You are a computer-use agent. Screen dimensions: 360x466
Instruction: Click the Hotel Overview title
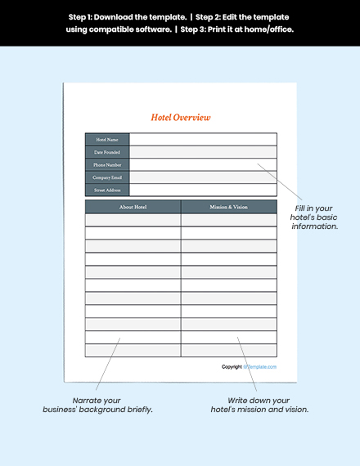pos(180,117)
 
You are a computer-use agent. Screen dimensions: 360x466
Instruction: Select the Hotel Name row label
pos(107,140)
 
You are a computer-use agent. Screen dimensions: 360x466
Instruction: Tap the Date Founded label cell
pos(107,152)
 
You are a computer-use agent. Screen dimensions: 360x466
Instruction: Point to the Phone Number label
pos(107,164)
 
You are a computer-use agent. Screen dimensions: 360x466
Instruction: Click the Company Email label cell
pos(107,177)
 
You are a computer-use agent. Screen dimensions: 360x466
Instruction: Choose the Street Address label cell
pos(107,190)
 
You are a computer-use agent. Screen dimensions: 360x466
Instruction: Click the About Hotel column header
pos(133,207)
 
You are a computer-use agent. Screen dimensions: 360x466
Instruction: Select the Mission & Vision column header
pos(228,207)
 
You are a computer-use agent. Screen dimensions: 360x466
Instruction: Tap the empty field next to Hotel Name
pos(202,140)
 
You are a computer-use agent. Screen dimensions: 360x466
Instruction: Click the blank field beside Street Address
pos(202,190)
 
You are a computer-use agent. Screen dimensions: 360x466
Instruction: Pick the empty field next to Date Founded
pos(202,152)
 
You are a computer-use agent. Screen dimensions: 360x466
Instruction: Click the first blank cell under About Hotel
pos(133,220)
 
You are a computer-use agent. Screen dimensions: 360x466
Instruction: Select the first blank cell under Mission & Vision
pos(228,220)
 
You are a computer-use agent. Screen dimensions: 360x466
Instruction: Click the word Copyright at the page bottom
pos(232,367)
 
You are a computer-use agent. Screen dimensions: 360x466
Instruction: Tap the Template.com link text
pos(260,367)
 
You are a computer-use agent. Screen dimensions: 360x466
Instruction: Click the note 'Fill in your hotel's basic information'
pos(316,217)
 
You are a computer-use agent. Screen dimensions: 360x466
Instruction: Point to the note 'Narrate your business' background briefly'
pos(97,405)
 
